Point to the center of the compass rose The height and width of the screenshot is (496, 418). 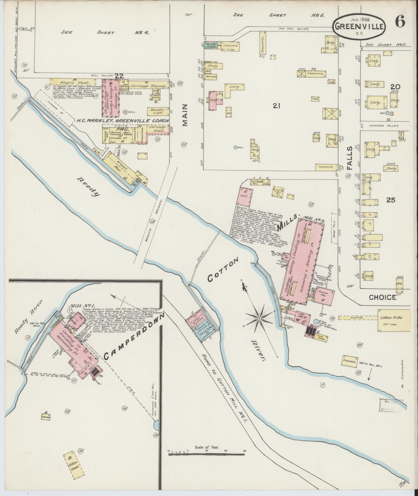click(259, 318)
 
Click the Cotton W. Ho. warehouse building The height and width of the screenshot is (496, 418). click(394, 320)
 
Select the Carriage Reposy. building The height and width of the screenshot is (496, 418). click(150, 85)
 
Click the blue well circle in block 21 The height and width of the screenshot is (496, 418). click(235, 147)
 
